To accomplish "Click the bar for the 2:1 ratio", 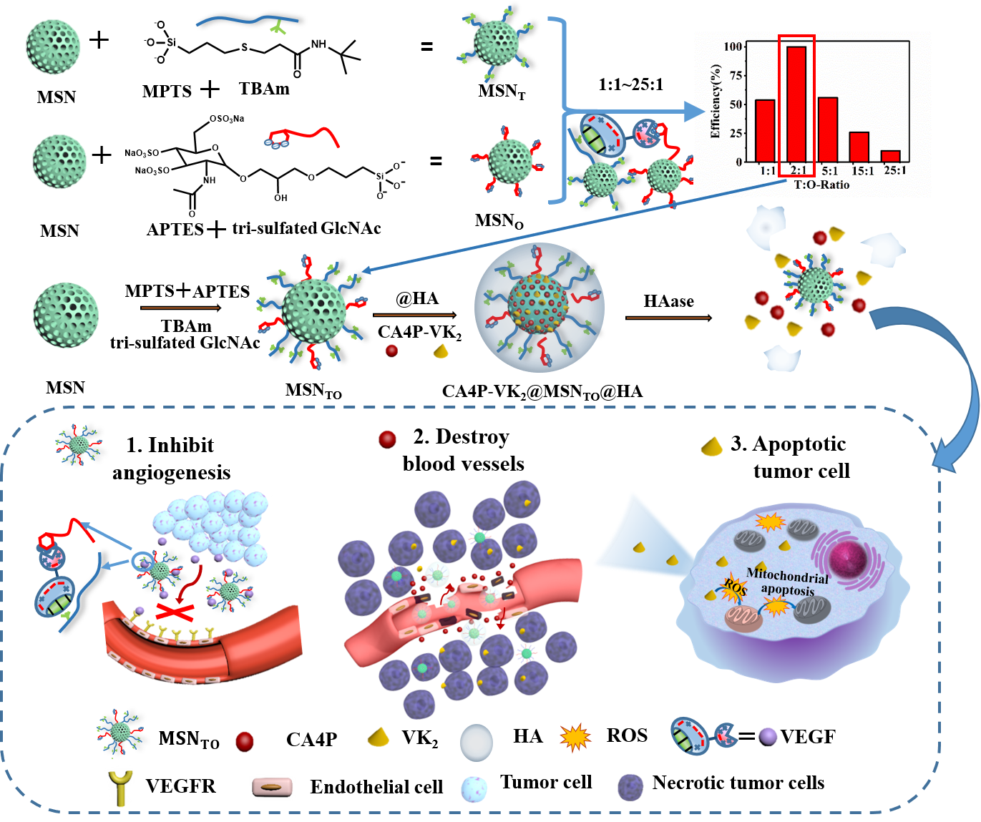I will [796, 104].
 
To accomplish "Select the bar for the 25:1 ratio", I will [890, 156].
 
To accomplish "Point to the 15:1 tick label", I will [862, 171].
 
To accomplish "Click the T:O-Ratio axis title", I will [821, 185].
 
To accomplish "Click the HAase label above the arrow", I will [668, 301].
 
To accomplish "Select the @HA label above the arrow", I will [416, 298].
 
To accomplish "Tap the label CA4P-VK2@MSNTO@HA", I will [542, 391].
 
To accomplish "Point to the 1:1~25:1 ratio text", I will [630, 84].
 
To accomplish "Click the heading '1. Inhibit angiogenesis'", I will [171, 458].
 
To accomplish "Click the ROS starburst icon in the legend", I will [575, 738].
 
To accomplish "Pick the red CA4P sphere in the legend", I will [245, 741].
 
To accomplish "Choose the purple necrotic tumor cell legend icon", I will [630, 786].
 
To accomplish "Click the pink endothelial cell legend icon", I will [273, 788].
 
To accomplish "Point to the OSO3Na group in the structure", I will [226, 119].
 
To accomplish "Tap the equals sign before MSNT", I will [426, 47].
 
